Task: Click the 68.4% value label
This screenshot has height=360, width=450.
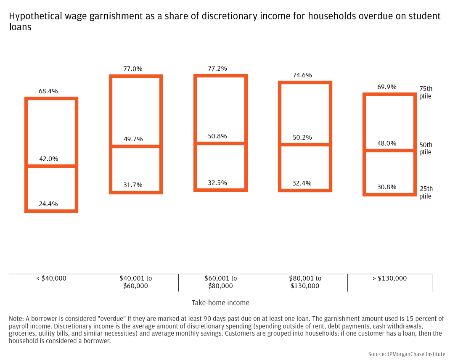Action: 48,91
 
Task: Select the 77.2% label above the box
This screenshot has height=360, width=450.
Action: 217,68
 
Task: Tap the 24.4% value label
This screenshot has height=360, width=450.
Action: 48,204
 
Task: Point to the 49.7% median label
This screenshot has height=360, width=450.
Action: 133,139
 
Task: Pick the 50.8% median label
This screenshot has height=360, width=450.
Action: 217,136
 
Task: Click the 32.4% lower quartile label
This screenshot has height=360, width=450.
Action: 302,183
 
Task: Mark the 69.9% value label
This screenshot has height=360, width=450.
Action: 386,87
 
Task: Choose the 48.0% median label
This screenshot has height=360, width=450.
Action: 386,143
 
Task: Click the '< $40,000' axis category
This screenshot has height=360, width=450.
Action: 51,278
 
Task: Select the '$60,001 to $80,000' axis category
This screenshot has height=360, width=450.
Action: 221,282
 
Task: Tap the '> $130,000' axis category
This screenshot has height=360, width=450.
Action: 389,278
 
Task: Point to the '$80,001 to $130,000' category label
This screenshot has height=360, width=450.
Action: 305,282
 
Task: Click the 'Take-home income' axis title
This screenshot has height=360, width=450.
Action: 220,303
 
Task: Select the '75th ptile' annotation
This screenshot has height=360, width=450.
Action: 426,93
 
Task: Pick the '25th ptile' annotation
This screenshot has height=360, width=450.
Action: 426,192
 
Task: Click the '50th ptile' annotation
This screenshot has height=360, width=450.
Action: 426,148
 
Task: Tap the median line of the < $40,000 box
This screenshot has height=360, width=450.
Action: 51,166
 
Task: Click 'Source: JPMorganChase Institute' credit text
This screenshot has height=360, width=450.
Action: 407,355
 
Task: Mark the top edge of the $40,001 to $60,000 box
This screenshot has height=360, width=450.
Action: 136,77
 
